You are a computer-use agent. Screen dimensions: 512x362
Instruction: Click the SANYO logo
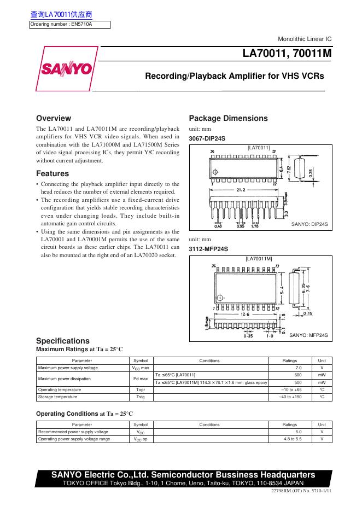point(65,69)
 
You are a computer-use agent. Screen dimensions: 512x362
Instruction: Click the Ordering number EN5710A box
point(69,24)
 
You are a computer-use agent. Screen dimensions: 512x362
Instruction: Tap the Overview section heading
point(53,118)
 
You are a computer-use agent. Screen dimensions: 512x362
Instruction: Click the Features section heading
point(52,174)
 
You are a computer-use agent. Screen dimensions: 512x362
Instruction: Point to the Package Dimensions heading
point(228,118)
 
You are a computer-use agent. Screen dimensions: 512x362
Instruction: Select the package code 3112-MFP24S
point(208,249)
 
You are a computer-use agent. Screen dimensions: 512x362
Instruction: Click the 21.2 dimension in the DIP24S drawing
point(241,190)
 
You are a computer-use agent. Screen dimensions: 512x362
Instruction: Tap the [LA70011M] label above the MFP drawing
point(259,258)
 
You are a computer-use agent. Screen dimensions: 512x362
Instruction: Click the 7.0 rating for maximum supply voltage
point(298,368)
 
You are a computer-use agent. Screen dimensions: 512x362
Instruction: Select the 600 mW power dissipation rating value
point(298,375)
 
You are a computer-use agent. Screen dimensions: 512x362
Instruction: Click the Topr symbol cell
point(141,389)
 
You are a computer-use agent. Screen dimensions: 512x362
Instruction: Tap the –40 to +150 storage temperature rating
point(290,397)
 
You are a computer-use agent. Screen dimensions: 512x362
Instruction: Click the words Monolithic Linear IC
point(305,40)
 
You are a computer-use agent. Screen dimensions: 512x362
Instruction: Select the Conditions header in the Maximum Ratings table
point(209,361)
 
